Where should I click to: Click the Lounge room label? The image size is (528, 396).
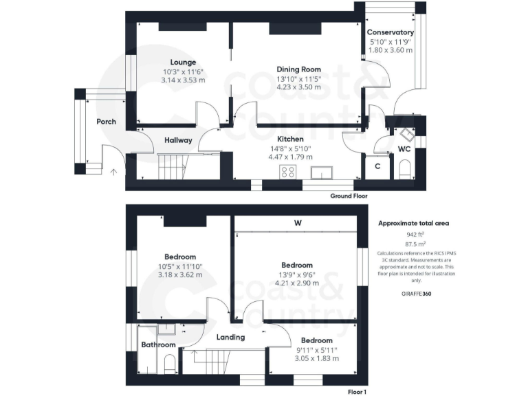point(184,62)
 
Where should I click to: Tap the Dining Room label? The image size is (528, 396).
point(298,69)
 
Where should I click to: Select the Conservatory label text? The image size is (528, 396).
point(390,32)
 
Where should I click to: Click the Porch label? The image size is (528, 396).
point(106,122)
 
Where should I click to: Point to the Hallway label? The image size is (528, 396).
point(178,140)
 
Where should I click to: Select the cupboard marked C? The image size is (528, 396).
point(377,166)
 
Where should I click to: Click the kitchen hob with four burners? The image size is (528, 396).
point(287,172)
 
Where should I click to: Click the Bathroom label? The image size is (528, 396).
point(159,344)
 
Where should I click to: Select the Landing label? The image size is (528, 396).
point(231,337)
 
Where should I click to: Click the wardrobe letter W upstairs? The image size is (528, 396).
point(298,223)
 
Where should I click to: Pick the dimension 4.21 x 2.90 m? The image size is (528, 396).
point(297,282)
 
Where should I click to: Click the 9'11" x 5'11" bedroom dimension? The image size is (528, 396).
point(316,349)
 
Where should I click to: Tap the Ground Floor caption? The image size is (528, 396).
point(349,196)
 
